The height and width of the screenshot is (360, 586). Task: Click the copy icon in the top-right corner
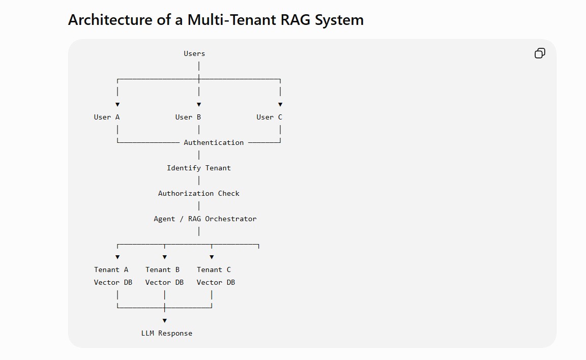point(540,53)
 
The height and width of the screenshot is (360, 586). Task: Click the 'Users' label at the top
point(194,53)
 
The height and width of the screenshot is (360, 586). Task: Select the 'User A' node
point(106,117)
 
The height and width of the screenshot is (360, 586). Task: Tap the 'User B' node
point(188,117)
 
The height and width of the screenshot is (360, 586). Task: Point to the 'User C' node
point(269,117)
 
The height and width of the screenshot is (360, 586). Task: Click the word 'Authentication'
point(214,142)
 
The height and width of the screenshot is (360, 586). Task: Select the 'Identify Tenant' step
point(199,168)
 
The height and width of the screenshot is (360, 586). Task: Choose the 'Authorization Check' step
point(199,193)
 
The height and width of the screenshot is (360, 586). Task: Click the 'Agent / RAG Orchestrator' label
point(205,219)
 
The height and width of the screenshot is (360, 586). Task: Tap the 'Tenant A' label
point(111,269)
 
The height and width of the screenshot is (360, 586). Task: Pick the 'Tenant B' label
point(162,269)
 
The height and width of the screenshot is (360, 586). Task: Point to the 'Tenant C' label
point(214,269)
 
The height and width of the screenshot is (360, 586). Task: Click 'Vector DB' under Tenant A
point(113,282)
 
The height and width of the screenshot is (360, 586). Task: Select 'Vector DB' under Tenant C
point(216,282)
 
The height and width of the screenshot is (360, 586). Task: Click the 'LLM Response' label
point(167,333)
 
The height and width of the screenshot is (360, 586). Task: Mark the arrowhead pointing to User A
point(118,105)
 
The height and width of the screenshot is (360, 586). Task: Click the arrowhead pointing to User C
point(280,105)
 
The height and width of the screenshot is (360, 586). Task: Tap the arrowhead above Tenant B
point(164,257)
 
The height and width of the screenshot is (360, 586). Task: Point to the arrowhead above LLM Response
point(164,320)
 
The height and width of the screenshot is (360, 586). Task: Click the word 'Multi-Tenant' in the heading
point(232,20)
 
